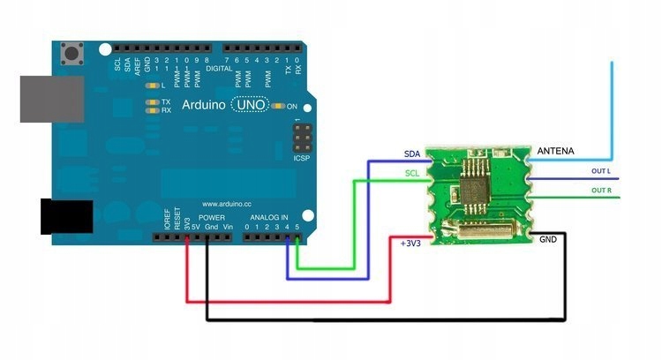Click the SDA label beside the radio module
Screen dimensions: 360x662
412,154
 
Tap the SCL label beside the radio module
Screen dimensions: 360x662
412,174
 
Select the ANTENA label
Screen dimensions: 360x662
556,152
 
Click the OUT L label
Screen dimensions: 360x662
602,170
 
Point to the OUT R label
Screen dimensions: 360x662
602,190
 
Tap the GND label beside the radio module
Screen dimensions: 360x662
548,239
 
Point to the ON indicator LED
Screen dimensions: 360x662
279,107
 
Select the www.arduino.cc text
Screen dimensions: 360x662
229,203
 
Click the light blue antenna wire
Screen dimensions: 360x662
611,106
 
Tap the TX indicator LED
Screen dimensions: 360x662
153,102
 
